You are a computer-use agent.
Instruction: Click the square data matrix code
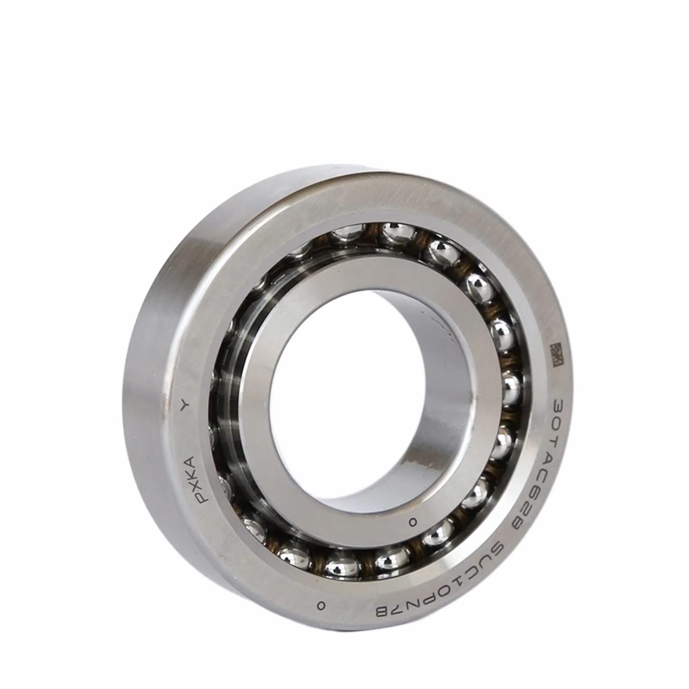click(x=556, y=355)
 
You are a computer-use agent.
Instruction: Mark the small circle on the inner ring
click(x=412, y=522)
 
